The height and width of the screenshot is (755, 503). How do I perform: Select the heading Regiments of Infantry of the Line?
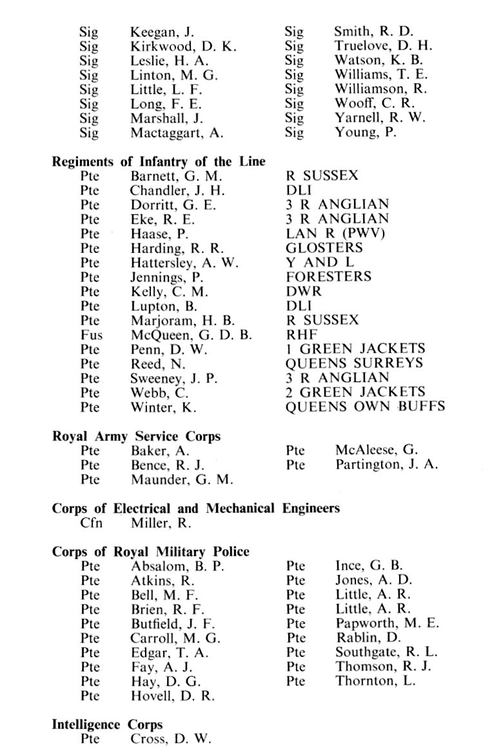coord(159,161)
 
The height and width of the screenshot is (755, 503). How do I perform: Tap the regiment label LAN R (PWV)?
coord(335,234)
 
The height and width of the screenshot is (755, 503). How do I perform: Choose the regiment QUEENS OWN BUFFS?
coord(365,407)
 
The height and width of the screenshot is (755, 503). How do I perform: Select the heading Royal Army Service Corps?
coord(136,436)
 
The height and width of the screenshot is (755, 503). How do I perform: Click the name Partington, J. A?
coord(386,465)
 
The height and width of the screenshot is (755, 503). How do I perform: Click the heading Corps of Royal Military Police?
coord(150,552)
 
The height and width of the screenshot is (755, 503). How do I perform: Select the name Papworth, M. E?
coord(387,623)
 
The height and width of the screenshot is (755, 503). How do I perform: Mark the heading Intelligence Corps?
coord(107,725)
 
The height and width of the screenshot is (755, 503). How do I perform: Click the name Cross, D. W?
coord(170,740)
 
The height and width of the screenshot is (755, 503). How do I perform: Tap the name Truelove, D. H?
coord(383,46)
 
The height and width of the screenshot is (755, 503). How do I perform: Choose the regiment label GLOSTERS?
coord(324,248)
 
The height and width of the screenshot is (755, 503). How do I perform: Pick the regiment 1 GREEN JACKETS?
coord(355,349)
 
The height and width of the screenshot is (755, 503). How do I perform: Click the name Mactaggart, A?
coord(176,132)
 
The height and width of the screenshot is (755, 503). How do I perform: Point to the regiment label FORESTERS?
coord(328,277)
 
